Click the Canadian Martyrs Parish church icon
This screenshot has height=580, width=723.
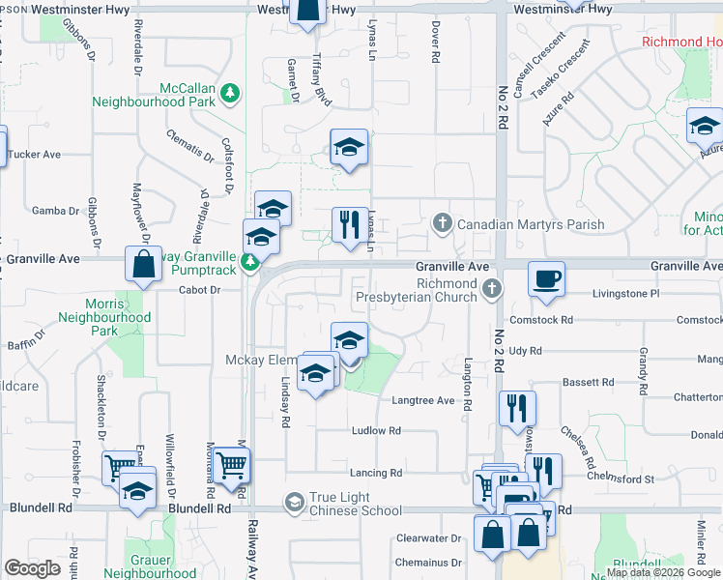pos(442,224)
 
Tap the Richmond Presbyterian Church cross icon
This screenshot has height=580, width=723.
pos(492,289)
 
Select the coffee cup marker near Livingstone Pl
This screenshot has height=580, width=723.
pos(546,277)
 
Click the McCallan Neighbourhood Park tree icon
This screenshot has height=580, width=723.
pos(229,93)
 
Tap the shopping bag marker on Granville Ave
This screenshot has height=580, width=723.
pos(143,265)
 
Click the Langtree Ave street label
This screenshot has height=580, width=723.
pos(422,400)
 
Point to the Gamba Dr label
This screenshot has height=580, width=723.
pos(55,211)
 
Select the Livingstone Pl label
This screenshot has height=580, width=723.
pos(624,292)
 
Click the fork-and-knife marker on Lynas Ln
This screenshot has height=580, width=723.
pos(347,223)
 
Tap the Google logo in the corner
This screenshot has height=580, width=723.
pos(33,568)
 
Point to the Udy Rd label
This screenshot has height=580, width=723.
pos(524,351)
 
